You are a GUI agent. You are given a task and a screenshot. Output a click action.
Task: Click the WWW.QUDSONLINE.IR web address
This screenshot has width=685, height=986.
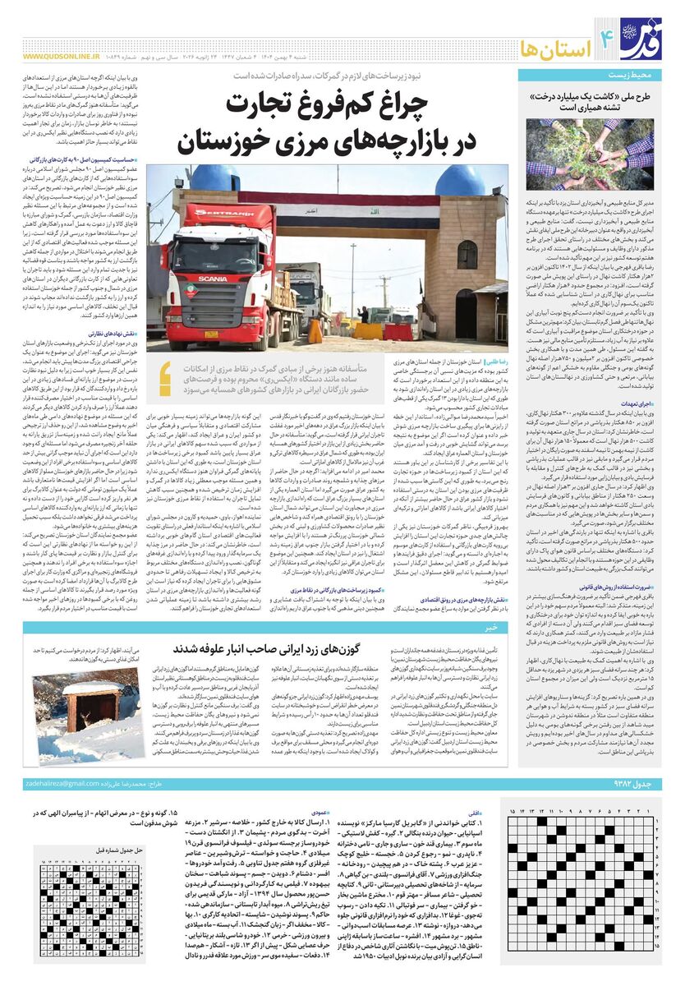[x=61, y=58]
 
